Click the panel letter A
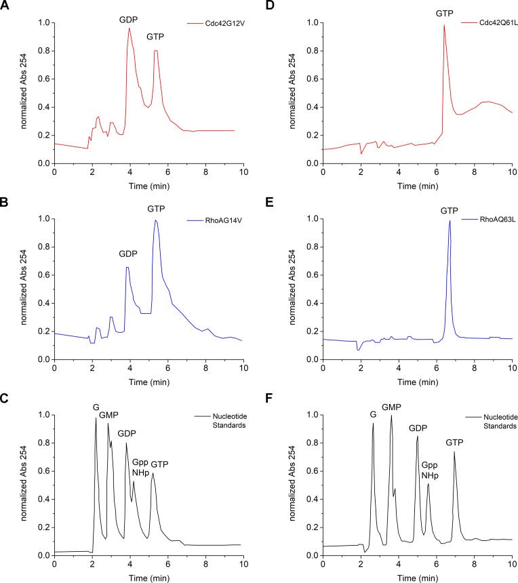click(x=7, y=6)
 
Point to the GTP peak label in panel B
click(x=156, y=207)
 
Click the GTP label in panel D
click(x=445, y=12)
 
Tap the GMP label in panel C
click(x=109, y=416)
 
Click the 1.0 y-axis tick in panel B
click(x=43, y=219)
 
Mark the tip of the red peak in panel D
click(x=444, y=25)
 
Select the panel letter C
click(x=7, y=399)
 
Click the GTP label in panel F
click(x=456, y=443)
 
